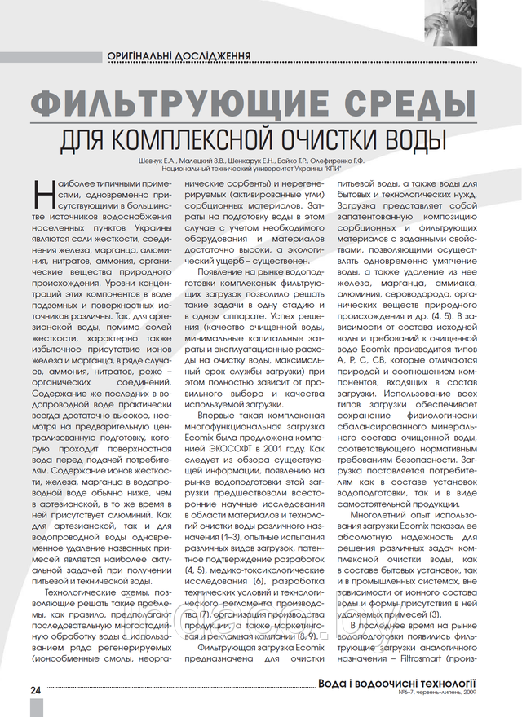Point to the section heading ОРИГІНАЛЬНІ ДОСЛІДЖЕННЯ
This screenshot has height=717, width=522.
coord(178,56)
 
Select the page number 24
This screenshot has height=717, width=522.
coord(36,689)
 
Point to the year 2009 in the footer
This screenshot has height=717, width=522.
coord(467,693)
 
